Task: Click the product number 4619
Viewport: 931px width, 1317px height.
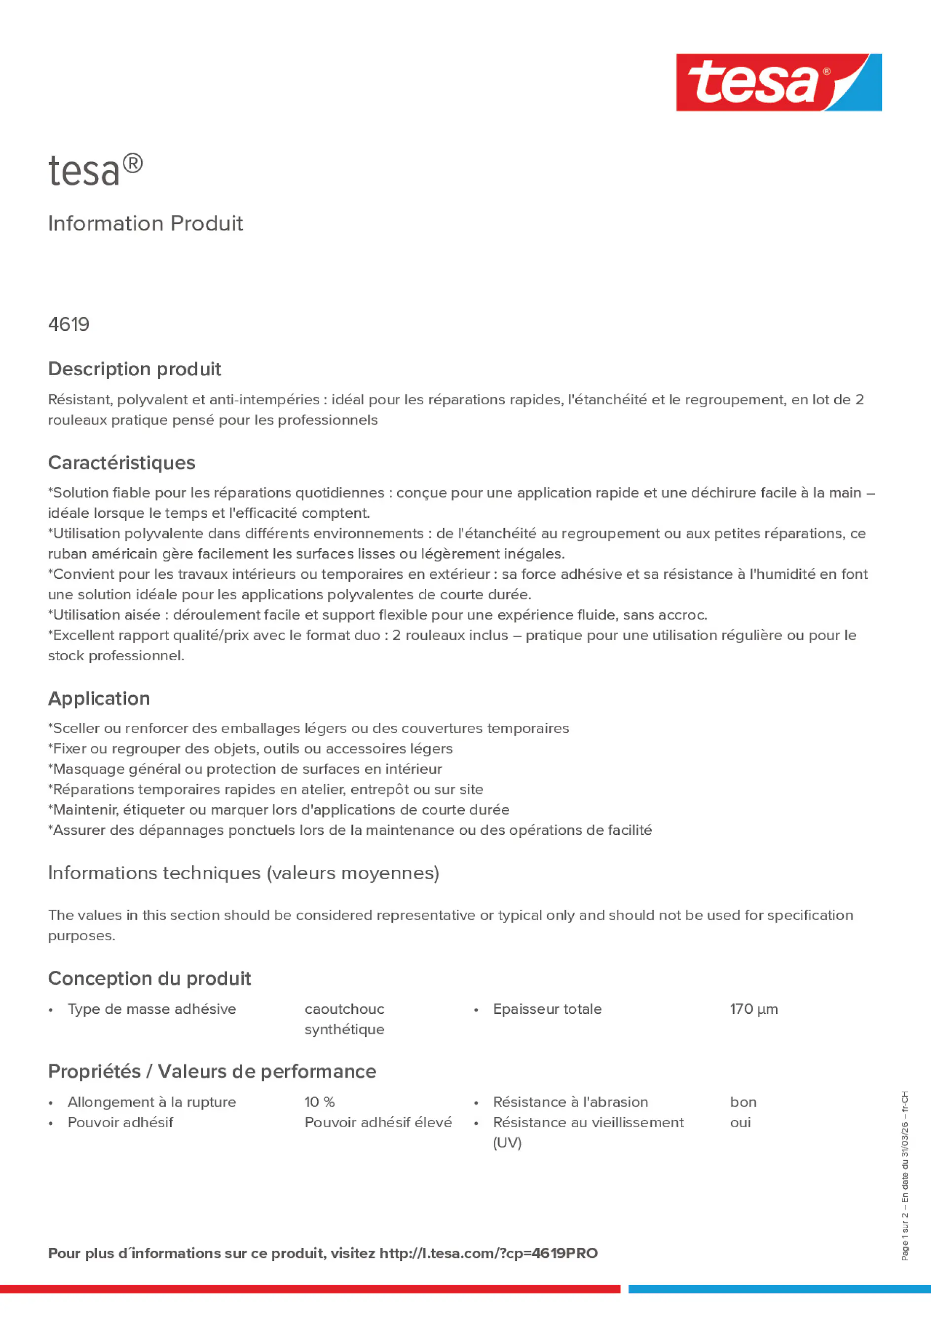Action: coord(69,324)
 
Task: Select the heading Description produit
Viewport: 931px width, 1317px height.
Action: coord(134,369)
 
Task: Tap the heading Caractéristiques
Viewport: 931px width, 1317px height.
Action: coord(122,463)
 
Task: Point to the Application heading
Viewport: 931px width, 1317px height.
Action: coord(99,698)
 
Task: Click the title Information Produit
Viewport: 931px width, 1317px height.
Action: coord(145,223)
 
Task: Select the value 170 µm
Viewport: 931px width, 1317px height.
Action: coord(754,1008)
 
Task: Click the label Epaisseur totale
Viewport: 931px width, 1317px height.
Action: coord(547,1008)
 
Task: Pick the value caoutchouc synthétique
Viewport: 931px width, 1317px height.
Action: coord(344,1019)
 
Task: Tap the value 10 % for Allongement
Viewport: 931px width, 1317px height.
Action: coord(320,1102)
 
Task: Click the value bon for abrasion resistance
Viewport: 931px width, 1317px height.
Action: coord(743,1102)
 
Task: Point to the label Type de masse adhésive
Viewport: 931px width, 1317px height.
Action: coord(151,1008)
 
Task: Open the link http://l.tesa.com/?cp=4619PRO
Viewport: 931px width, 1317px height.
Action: coord(488,1253)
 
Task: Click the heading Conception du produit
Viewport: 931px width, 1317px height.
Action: coord(149,978)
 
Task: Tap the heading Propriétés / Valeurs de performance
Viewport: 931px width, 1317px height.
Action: coord(212,1071)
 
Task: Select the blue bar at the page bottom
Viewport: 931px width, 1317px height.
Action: coord(779,1288)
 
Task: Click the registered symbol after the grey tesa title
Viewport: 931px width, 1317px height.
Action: coord(133,164)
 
